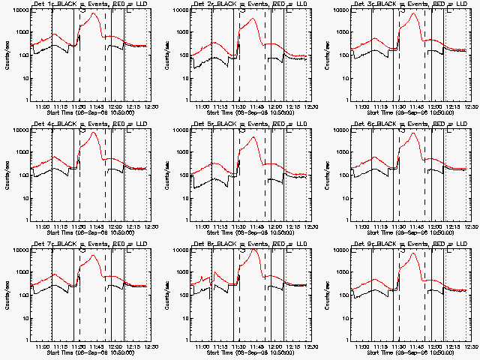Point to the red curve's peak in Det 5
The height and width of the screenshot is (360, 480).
point(254,137)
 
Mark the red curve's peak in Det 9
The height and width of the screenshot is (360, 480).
point(414,253)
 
